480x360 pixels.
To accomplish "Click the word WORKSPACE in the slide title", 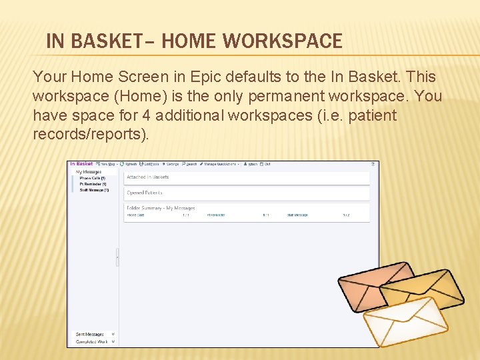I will click(283, 41).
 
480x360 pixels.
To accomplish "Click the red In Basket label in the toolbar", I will click(81, 164).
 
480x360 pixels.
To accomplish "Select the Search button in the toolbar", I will click(189, 164).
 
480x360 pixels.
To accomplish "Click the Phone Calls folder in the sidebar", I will click(92, 178).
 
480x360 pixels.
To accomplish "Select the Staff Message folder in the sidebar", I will click(93, 190).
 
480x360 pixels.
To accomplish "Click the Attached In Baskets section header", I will click(148, 177).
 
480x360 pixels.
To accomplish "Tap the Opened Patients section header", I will click(145, 193).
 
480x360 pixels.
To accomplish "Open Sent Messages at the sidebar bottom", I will click(90, 334).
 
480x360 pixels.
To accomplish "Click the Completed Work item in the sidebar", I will click(92, 341).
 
